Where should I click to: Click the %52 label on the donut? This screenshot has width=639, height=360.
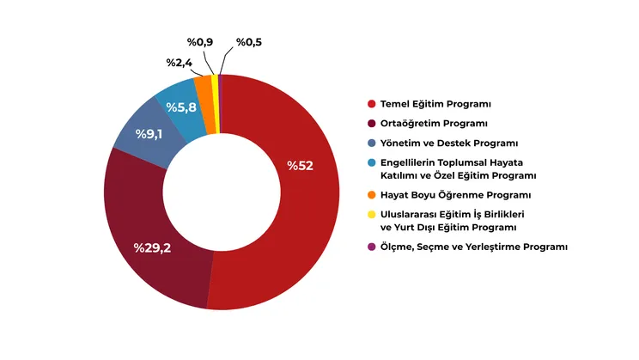300,166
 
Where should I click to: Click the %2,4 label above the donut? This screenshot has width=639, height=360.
178,63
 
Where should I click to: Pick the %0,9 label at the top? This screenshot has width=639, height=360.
200,41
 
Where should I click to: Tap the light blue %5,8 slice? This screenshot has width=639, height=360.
176,101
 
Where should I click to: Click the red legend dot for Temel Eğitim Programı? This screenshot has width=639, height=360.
371,104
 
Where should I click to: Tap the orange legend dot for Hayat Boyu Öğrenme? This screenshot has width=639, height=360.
371,195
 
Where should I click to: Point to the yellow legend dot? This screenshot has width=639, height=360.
371,214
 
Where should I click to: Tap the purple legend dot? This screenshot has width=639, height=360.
371,247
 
